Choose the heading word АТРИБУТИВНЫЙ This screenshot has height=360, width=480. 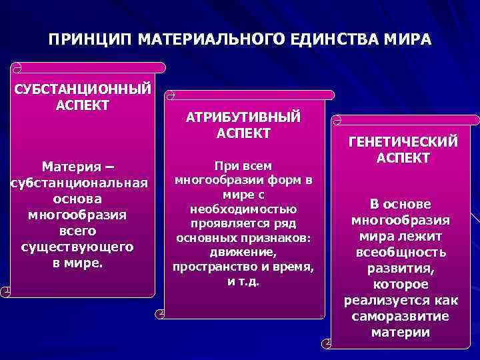243,117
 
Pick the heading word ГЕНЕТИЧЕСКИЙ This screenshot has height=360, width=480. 403,142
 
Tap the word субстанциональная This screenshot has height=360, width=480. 79,182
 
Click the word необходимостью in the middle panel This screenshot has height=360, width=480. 243,209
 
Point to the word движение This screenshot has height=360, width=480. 243,253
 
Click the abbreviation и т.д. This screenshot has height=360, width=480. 243,281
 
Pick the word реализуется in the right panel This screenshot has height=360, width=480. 388,300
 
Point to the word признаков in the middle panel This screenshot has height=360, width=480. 281,238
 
